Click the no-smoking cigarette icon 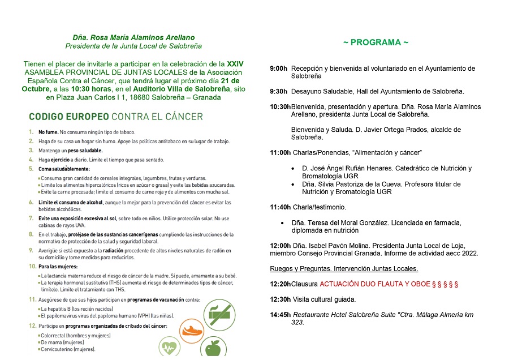pos(221,311)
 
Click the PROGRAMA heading pos(376,42)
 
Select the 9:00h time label pos(278,68)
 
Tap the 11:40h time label pos(280,207)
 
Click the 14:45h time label pos(280,315)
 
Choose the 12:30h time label pos(280,299)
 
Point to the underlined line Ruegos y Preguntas pos(344,268)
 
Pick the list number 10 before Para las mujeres pos(32,266)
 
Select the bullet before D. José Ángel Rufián pos(292,169)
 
